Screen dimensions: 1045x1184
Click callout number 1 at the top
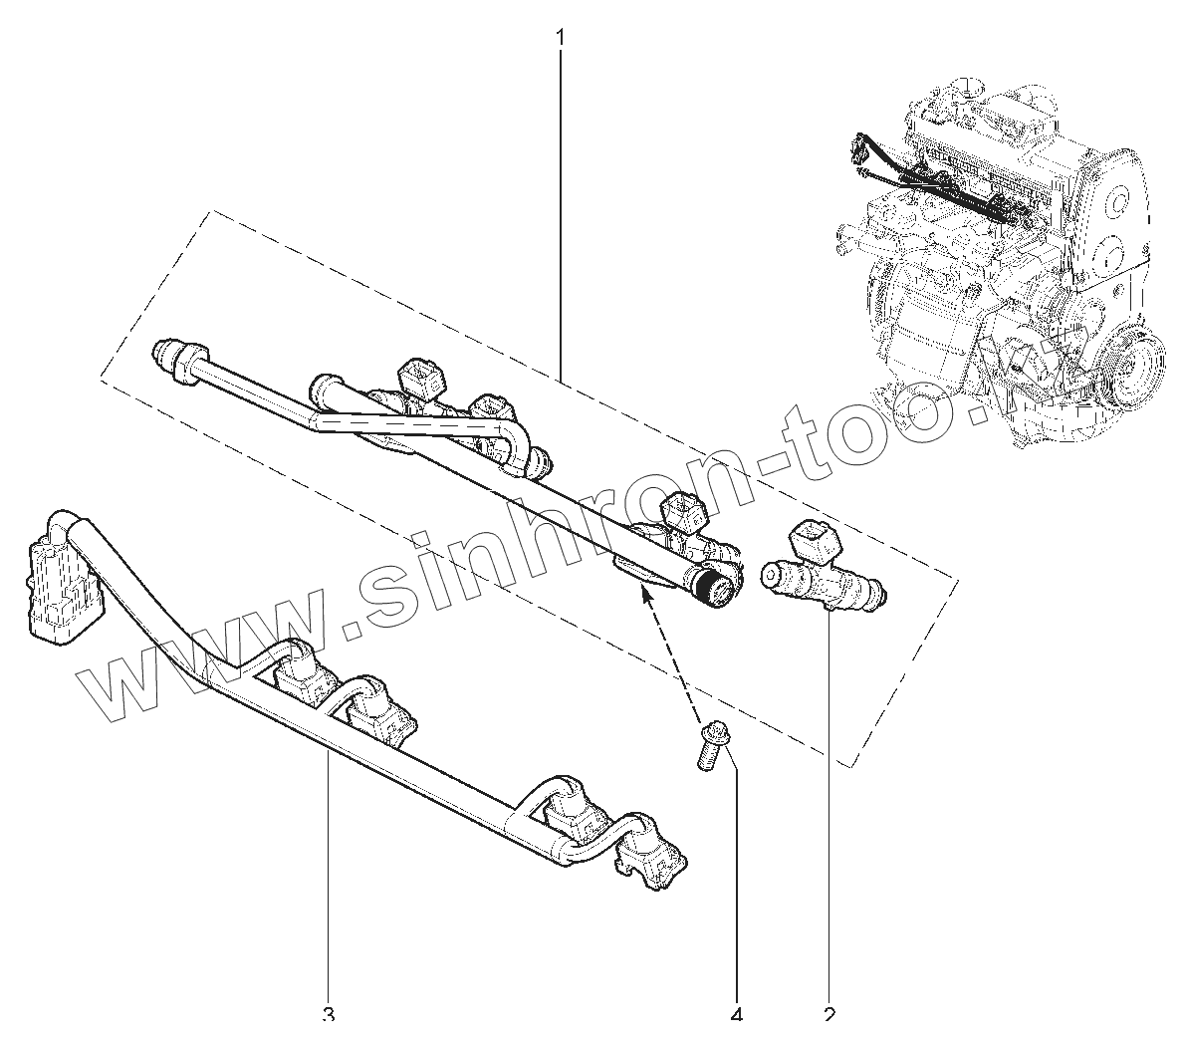(x=561, y=38)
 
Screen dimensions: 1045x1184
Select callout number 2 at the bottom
(x=829, y=1016)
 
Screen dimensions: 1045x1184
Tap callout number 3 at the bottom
(x=329, y=1016)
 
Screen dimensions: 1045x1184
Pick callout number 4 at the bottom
(x=737, y=1016)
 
